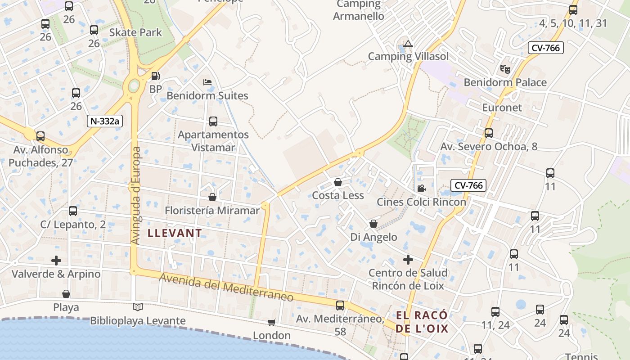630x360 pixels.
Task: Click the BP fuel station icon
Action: [155, 76]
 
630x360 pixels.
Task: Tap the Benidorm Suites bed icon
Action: [207, 82]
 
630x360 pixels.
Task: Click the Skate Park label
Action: [135, 32]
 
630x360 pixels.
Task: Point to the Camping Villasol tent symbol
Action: [408, 44]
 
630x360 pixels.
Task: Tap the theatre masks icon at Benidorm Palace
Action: [505, 69]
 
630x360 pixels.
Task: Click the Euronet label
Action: [502, 108]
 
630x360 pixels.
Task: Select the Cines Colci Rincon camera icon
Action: [421, 189]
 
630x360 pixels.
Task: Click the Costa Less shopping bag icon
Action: [338, 182]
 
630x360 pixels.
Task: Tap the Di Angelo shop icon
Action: [373, 224]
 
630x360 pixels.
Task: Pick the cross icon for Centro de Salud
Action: [408, 260]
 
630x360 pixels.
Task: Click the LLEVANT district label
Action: [175, 233]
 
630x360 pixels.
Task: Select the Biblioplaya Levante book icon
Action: [138, 307]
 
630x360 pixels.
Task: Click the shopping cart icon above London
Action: [271, 322]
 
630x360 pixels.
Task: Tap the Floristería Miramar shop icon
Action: [212, 197]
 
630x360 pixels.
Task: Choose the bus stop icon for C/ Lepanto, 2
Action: [73, 211]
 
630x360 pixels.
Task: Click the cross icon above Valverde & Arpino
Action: [56, 261]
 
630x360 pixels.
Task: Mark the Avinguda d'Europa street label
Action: [136, 196]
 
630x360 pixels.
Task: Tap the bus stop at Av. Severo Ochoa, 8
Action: [489, 133]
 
